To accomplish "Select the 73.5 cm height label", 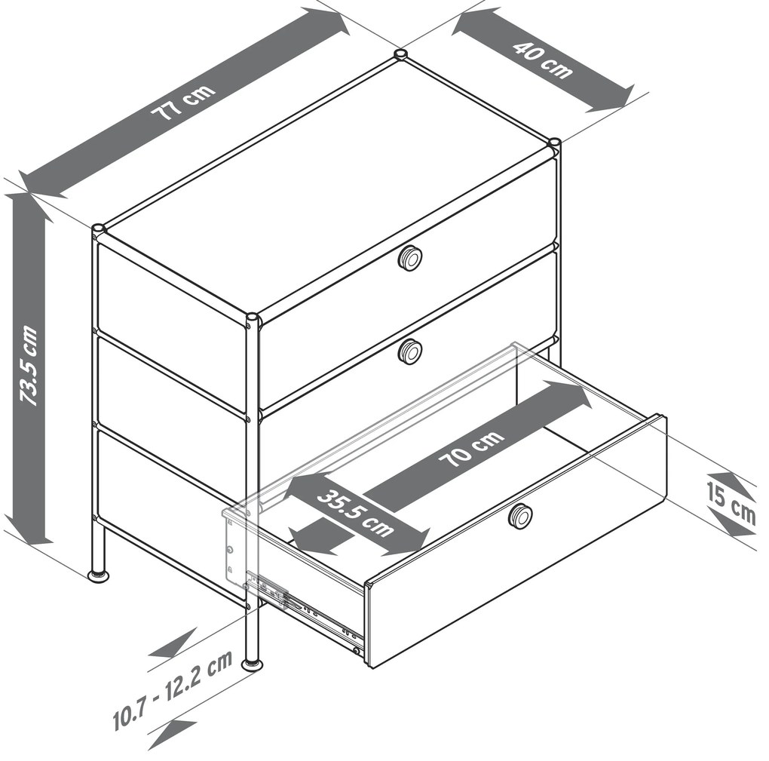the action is [x=28, y=365].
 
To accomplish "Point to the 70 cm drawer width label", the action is [x=471, y=449].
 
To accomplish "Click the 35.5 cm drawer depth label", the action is [x=356, y=513].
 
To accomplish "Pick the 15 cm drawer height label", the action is [x=731, y=503].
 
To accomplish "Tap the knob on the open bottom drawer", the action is [x=520, y=516].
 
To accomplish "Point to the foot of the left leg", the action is [x=99, y=576].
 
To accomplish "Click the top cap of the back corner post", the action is [x=400, y=54].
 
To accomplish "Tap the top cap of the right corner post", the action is [x=554, y=143].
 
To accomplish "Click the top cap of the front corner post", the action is [x=252, y=317].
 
